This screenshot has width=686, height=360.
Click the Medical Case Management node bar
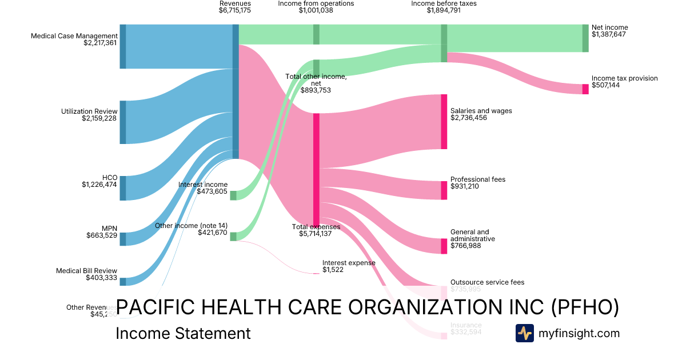pos(122,46)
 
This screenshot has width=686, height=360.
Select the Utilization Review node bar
pos(122,122)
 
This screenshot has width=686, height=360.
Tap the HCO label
pos(110,177)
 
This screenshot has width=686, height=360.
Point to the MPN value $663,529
pos(102,235)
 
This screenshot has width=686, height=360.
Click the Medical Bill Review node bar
pos(122,281)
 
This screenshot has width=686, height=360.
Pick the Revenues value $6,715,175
pos(234,10)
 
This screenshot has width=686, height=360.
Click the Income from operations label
pos(316,3)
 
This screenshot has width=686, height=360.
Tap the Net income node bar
pos(585,38)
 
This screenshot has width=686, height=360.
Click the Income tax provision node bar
pos(585,89)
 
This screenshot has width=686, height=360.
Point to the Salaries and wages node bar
pos(444,121)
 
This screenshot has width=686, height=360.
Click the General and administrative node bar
pos(444,246)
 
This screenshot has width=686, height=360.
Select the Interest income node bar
pos(233,195)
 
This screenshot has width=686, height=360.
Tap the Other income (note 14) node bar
pos(233,236)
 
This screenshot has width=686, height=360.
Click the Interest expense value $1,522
pos(333,270)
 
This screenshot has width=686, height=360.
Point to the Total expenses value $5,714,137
pos(316,234)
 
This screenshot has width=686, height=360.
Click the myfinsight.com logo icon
pos(525,333)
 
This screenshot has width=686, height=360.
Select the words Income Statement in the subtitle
pos(183,334)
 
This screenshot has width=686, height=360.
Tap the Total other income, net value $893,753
pos(316,90)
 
